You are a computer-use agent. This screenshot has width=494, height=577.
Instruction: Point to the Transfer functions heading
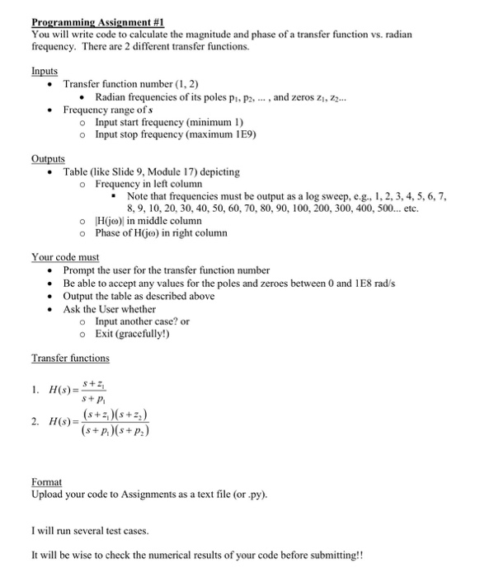pyautogui.click(x=70, y=358)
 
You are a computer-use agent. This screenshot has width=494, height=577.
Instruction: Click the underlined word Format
pyautogui.click(x=47, y=481)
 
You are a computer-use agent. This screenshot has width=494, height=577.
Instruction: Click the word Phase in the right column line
pyautogui.click(x=110, y=233)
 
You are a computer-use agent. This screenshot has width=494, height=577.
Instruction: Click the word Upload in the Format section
pyautogui.click(x=48, y=494)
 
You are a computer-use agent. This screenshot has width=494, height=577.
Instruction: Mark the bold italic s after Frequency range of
pyautogui.click(x=147, y=110)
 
